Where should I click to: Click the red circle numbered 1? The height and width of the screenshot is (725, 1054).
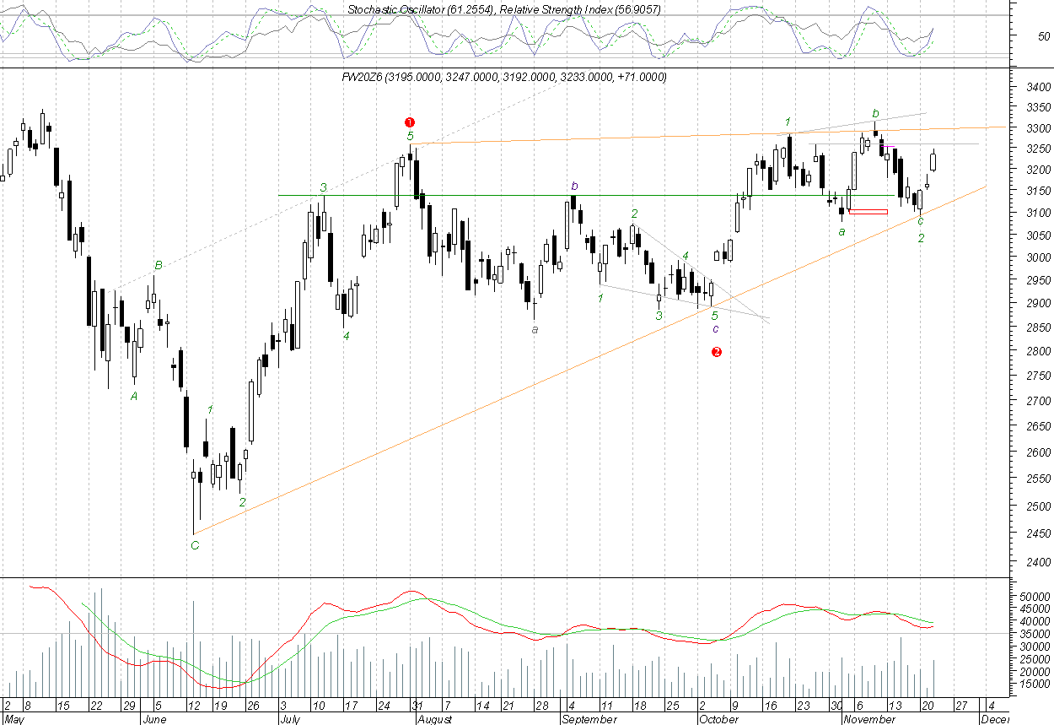point(410,122)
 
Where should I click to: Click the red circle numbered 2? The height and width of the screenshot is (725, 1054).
point(717,352)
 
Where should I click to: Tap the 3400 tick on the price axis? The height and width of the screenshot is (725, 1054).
point(1038,87)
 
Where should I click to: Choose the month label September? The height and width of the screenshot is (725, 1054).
point(589,720)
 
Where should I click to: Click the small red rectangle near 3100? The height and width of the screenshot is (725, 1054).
point(868,211)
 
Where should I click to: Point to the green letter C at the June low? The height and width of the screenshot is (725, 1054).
point(195,545)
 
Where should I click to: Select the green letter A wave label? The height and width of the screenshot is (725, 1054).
point(134,396)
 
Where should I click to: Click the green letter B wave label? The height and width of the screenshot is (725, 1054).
point(158,266)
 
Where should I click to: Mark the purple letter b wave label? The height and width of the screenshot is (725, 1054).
point(574,186)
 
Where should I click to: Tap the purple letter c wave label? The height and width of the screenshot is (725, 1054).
point(716,328)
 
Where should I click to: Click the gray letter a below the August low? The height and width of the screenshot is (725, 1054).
point(535,329)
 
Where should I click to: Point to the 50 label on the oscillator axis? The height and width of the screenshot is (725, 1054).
point(1044,36)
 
